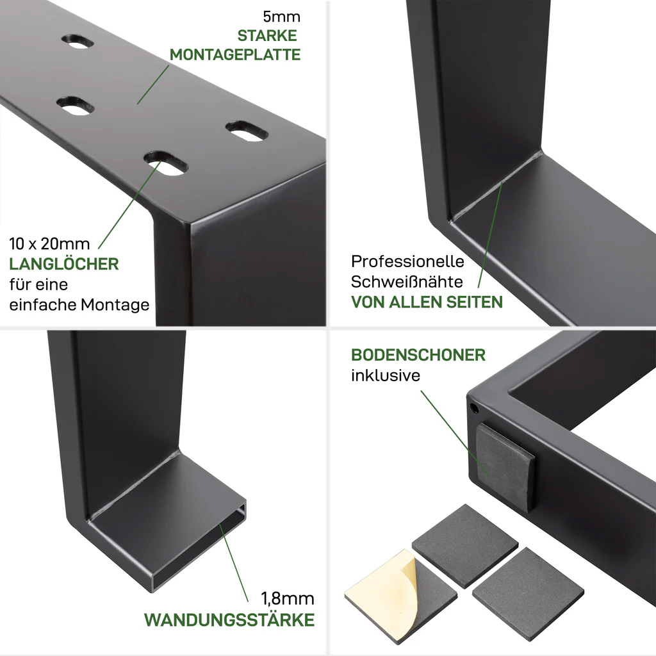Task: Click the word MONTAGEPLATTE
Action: (235, 55)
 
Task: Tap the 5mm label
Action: (282, 17)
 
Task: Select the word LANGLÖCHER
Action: (64, 264)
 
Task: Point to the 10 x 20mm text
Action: (49, 244)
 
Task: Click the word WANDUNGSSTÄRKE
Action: (229, 619)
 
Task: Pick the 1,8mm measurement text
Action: (288, 599)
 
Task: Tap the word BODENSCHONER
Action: (418, 355)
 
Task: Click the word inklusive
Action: (386, 375)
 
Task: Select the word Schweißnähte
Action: (407, 282)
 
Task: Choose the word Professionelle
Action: (408, 261)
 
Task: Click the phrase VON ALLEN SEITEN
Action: (427, 302)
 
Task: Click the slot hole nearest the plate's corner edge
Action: (247, 131)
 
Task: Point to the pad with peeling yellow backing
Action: (400, 595)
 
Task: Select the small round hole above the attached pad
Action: (475, 408)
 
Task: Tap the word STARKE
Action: (267, 36)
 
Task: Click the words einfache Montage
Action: (79, 304)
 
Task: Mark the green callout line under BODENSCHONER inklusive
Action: (454, 432)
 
